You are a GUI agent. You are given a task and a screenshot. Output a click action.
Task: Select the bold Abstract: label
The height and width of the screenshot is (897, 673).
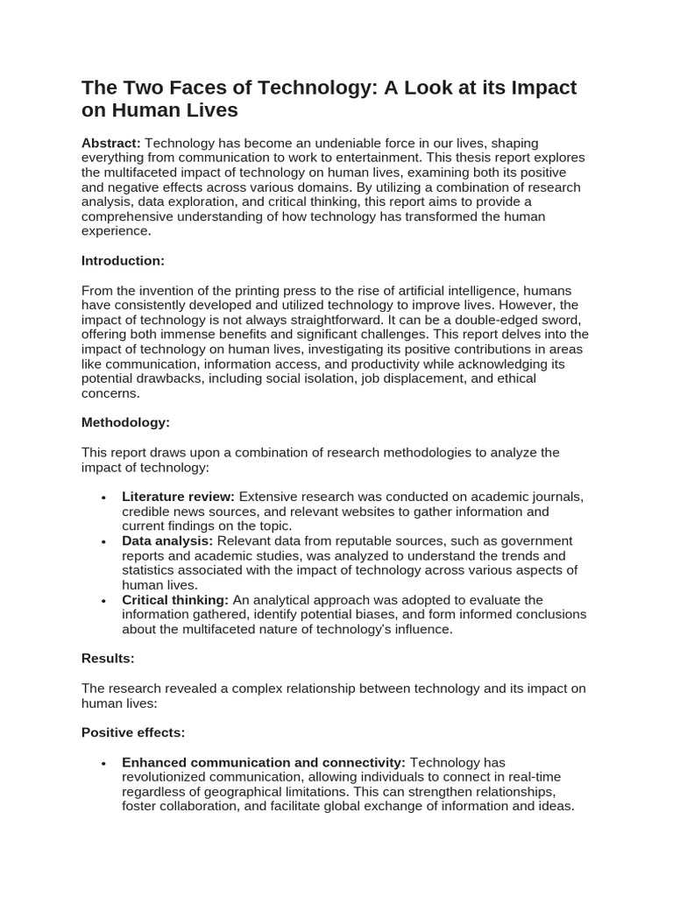coord(111,143)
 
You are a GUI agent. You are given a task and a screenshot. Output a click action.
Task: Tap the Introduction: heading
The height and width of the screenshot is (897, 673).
coord(123,260)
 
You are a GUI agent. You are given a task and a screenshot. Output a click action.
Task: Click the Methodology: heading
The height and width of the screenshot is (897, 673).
coord(125,422)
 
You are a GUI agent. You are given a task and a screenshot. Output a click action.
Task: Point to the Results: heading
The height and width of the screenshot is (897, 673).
coord(108,658)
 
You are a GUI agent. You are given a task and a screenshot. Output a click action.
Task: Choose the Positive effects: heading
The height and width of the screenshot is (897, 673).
coord(133,732)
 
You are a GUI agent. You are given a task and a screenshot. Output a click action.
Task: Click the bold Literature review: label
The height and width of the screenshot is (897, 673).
coord(178,497)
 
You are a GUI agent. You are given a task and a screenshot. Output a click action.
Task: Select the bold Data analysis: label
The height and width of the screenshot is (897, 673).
coord(167,541)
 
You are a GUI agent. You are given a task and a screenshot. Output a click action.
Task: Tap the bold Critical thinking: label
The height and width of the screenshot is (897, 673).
coord(175,600)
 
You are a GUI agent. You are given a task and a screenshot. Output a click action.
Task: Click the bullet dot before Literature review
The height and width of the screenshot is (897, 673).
coord(103,498)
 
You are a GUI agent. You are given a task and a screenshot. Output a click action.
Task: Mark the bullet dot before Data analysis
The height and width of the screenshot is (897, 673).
coord(103,542)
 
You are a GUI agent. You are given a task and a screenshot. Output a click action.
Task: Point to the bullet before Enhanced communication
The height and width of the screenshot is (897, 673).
coord(103,763)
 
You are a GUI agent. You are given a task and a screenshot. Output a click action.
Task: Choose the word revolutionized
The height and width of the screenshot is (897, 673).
coord(166,777)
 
